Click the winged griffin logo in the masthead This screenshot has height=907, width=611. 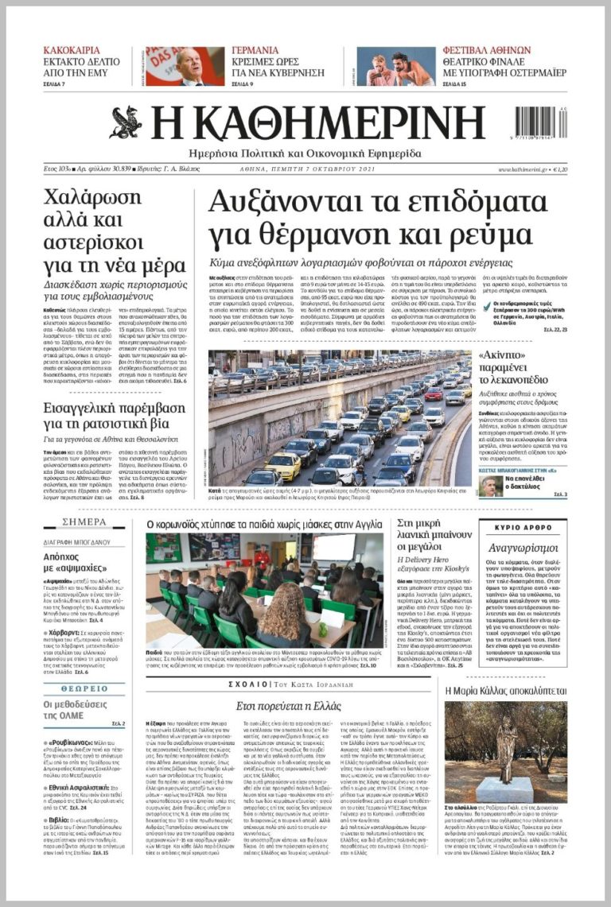[126, 122]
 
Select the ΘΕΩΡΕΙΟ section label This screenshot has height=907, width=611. [84, 688]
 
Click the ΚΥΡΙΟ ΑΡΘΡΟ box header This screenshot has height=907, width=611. [523, 528]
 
